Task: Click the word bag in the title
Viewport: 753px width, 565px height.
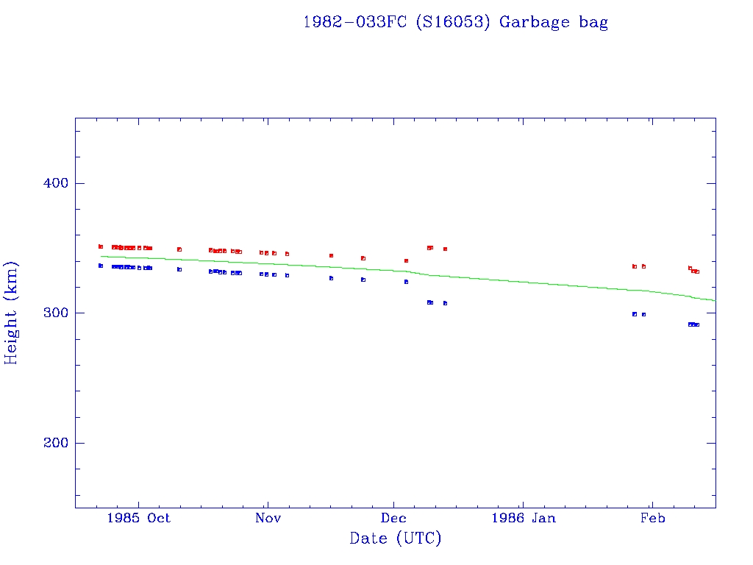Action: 593,22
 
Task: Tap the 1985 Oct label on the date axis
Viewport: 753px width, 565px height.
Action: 138,518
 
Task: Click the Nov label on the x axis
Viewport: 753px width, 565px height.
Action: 268,518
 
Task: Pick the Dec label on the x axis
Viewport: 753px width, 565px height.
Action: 394,518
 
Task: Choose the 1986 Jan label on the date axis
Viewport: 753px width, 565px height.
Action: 523,518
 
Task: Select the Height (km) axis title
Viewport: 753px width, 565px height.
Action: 12,313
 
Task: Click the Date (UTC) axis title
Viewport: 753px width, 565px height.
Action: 396,539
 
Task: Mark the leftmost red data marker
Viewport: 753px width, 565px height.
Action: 101,246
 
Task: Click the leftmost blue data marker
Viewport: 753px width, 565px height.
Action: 101,266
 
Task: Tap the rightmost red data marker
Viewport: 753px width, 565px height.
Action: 697,271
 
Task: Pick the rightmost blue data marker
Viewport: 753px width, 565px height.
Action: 697,324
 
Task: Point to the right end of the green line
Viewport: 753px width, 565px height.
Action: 715,301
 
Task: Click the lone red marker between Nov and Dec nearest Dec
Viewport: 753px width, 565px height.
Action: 363,258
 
